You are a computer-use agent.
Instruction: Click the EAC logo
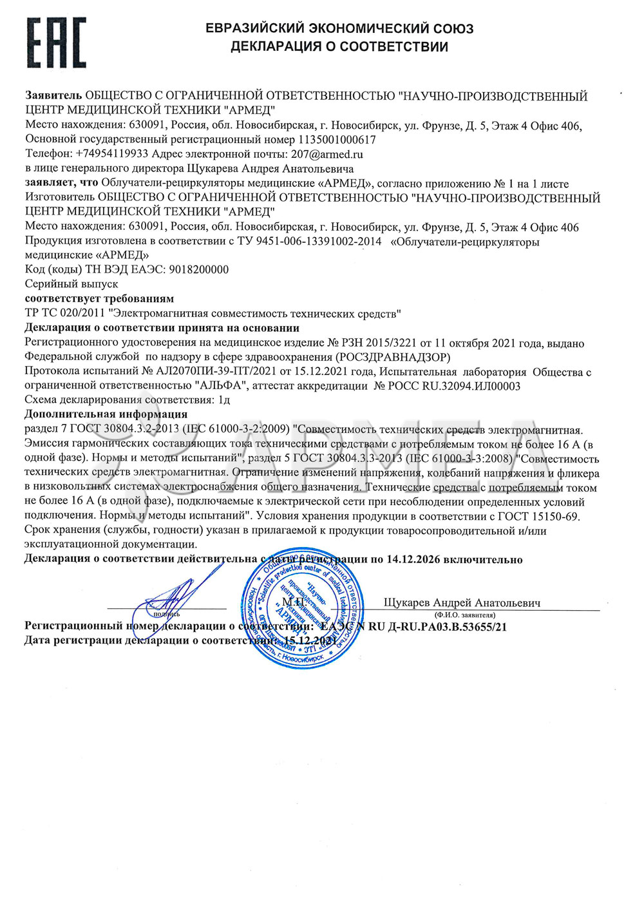(x=56, y=43)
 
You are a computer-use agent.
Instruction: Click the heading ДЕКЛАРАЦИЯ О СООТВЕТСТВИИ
(x=339, y=46)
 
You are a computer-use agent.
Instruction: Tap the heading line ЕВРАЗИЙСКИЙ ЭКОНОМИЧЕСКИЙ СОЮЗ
(x=339, y=28)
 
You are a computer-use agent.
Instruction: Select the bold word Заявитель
(x=53, y=96)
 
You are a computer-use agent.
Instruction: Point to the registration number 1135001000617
(x=337, y=139)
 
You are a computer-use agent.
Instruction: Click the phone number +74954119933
(x=112, y=154)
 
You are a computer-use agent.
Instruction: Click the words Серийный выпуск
(x=71, y=284)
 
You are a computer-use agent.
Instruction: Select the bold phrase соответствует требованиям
(x=99, y=299)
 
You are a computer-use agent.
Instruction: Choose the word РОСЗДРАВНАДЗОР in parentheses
(x=393, y=357)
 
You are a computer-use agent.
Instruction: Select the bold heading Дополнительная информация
(x=106, y=414)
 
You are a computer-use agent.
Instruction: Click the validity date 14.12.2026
(x=413, y=559)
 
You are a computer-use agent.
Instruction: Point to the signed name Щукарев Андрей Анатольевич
(x=462, y=603)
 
